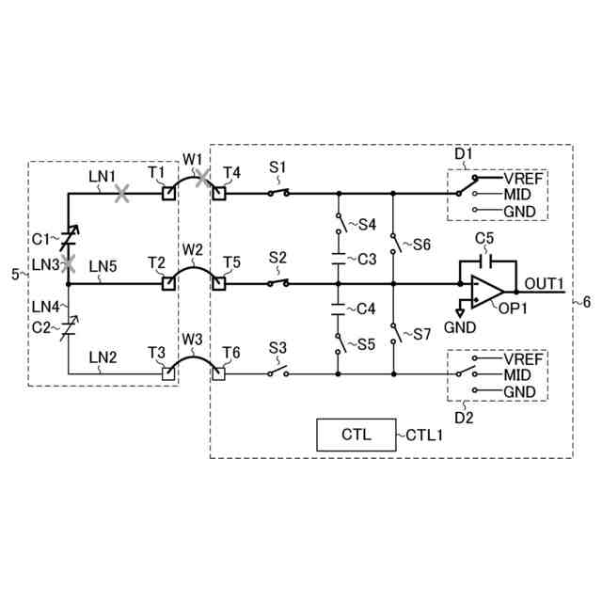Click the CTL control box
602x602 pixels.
355,435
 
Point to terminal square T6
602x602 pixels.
219,373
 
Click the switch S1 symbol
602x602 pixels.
277,193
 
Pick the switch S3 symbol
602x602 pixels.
277,373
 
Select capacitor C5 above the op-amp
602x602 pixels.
485,261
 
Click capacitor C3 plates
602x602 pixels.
338,257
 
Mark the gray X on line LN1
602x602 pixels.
121,194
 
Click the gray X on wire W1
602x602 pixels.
203,179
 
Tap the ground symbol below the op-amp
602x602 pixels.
460,310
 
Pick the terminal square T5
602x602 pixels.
219,282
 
